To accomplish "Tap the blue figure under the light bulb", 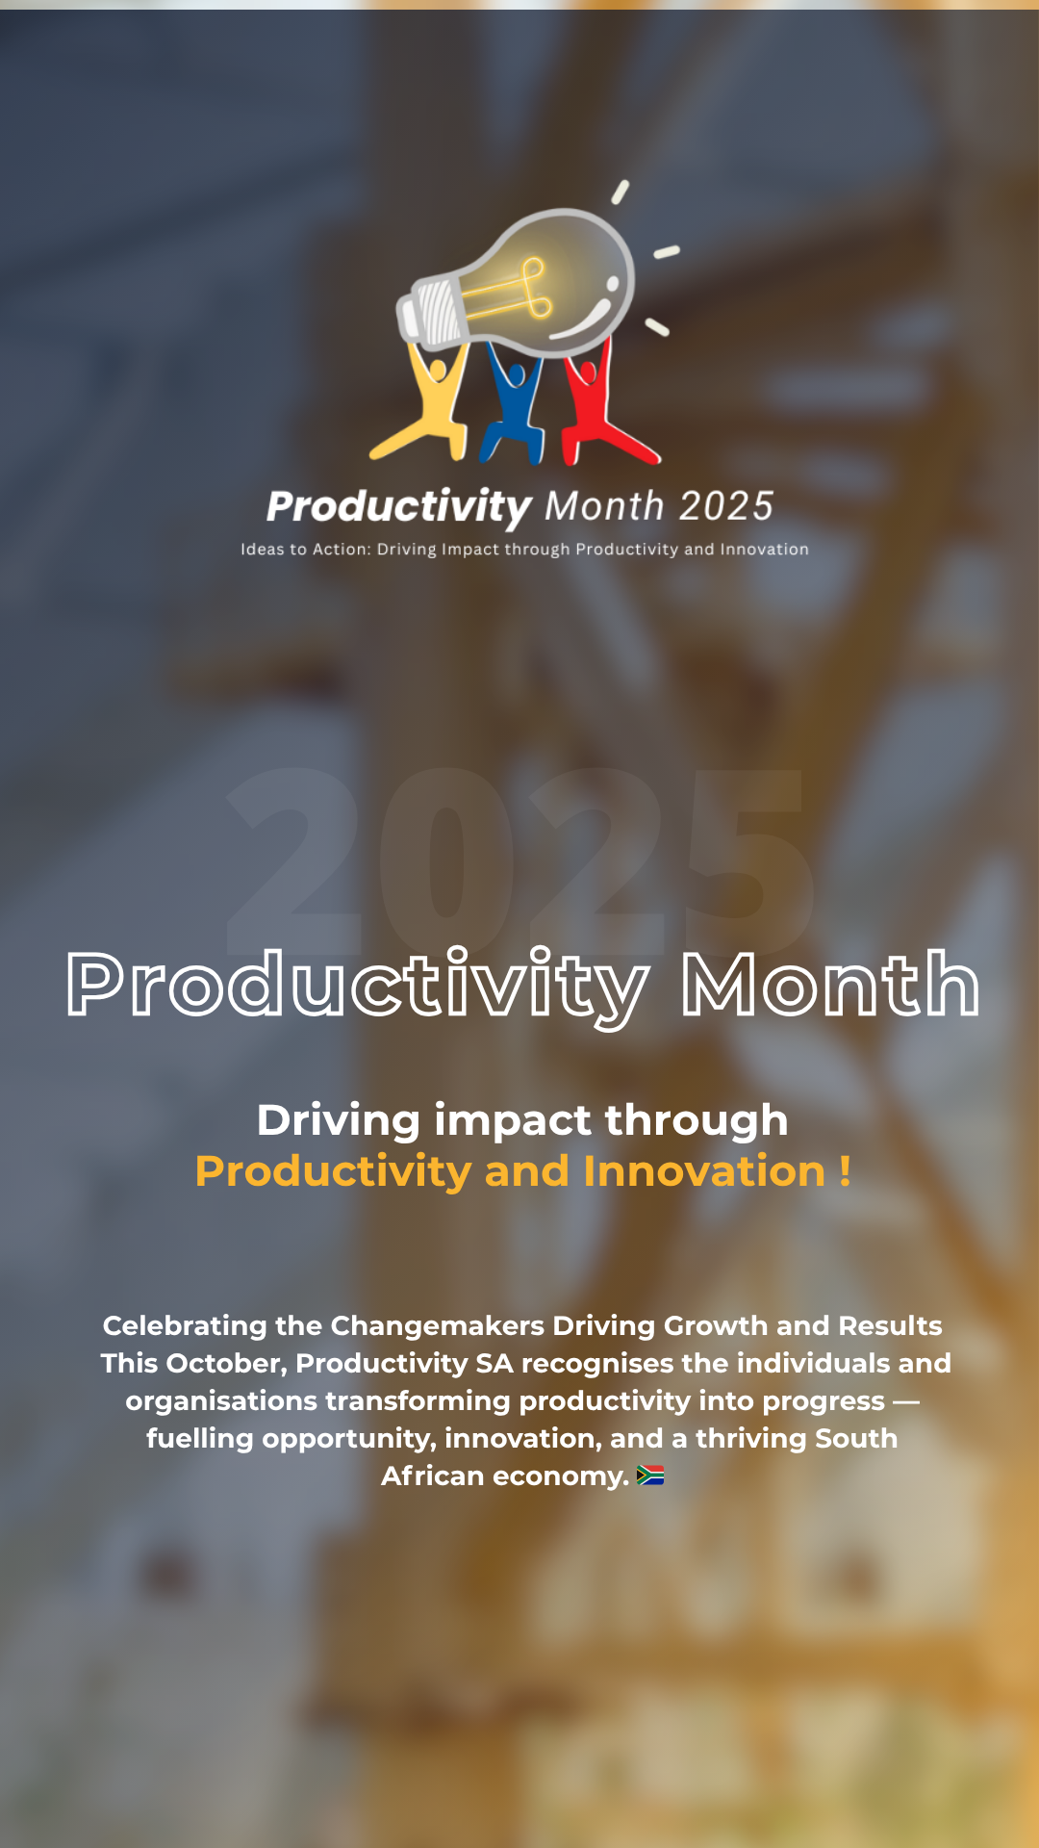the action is [515, 404].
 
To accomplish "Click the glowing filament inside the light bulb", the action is [519, 289].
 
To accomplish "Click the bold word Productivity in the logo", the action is [398, 507].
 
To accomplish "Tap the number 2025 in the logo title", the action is [725, 506].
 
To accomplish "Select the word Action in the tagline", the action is [341, 550].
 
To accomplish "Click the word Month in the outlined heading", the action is [830, 984].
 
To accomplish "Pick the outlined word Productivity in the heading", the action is [357, 988].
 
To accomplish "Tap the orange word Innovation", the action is [704, 1171].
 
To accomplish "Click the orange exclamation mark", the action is [845, 1171].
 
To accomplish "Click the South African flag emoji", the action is [650, 1476].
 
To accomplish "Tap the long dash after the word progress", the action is [906, 1402].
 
